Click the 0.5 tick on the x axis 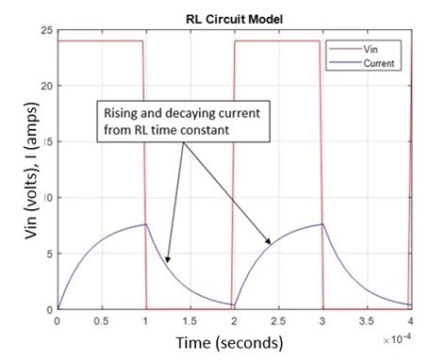tap(101, 320)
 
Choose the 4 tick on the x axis tap(410, 320)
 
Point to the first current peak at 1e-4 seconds tap(144, 224)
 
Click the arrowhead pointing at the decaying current tap(166, 261)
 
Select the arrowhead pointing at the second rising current tap(269, 244)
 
